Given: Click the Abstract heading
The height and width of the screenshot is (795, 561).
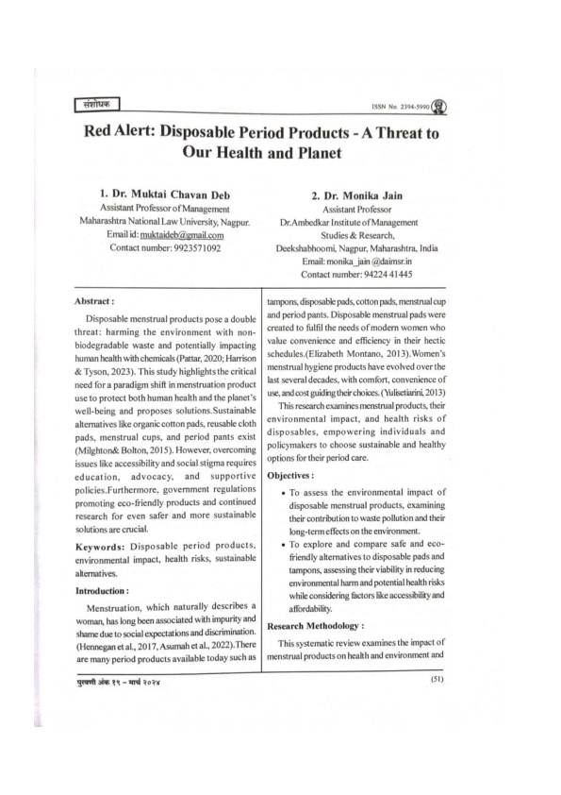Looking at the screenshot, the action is [x=95, y=300].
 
